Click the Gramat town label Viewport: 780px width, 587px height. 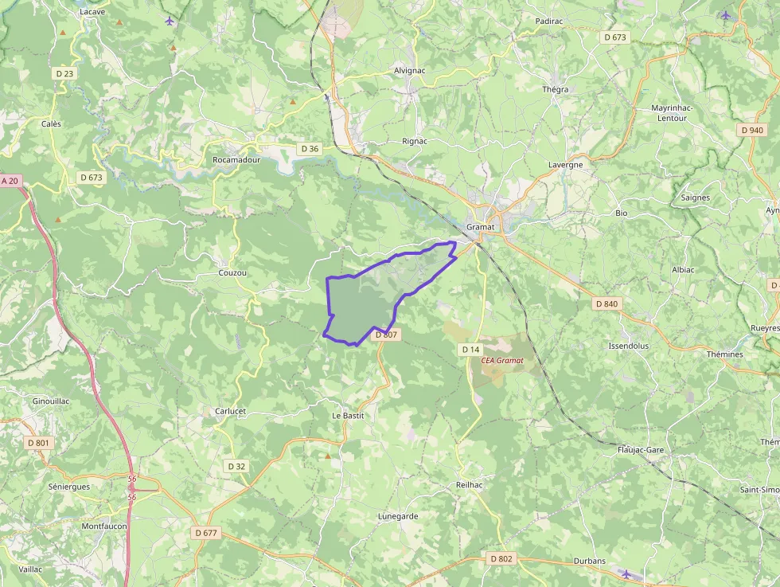(481, 227)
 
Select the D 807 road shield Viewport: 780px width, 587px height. (385, 335)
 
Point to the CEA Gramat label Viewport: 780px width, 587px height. (502, 360)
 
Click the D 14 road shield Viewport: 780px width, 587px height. (470, 350)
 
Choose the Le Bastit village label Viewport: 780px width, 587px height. (348, 416)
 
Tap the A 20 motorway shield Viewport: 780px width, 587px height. (10, 181)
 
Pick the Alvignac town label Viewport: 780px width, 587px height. (411, 70)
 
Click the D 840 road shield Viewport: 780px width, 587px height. (606, 303)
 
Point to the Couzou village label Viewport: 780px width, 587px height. (232, 273)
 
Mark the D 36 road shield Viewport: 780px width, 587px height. (309, 149)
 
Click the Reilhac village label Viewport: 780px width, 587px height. (470, 485)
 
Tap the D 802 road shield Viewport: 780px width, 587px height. (501, 558)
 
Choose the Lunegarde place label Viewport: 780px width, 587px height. (398, 516)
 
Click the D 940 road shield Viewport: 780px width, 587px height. (751, 130)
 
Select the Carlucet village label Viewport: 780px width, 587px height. (230, 412)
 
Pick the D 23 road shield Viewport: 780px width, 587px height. (65, 73)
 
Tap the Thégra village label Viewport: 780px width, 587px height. (556, 89)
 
